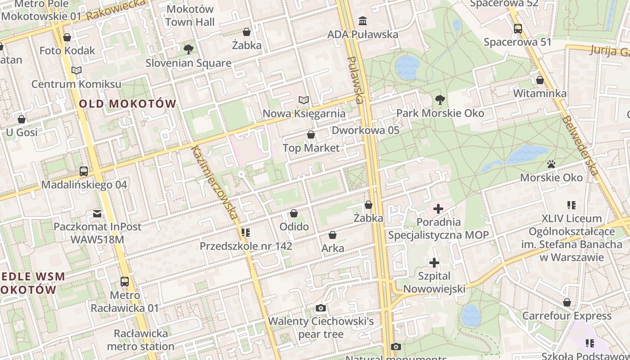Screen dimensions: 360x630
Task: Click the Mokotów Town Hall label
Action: (189, 15)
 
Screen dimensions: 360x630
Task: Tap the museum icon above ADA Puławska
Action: (363, 21)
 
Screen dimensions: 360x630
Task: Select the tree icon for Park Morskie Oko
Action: (440, 100)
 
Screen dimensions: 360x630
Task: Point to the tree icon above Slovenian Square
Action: (188, 49)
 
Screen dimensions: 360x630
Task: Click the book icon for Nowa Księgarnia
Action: (304, 100)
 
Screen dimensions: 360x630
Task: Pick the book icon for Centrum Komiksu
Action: (76, 71)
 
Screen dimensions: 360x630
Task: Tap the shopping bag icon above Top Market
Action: (310, 135)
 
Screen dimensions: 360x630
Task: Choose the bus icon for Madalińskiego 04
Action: (84, 171)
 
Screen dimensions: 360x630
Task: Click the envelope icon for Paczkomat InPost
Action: (97, 213)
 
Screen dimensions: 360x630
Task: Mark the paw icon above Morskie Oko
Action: (551, 164)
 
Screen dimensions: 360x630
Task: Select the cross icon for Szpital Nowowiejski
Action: (434, 262)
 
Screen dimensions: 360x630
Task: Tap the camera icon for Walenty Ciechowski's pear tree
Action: (321, 308)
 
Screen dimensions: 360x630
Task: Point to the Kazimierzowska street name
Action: (214, 182)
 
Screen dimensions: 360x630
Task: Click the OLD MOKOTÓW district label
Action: (128, 103)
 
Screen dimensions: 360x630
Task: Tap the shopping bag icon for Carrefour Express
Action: (567, 302)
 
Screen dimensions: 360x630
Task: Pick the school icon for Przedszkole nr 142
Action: (246, 233)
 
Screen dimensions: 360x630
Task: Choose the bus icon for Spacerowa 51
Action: (517, 29)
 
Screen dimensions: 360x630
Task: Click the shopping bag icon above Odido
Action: (294, 213)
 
